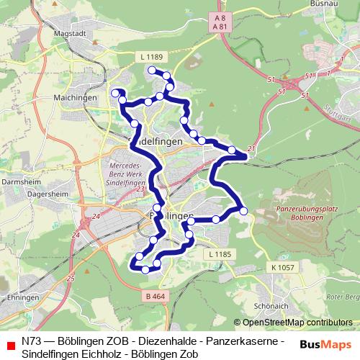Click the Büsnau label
(325, 4)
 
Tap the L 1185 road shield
(217, 254)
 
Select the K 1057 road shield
(284, 266)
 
